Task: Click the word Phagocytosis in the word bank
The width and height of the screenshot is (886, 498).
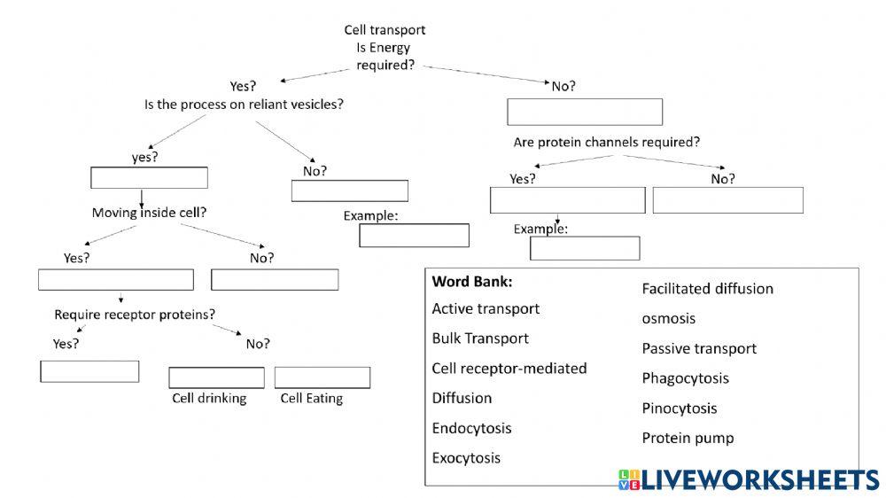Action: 685,378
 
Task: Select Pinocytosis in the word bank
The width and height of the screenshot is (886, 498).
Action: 679,409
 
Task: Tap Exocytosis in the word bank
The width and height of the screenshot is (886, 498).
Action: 466,458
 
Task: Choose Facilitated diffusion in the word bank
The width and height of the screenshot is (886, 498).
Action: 707,289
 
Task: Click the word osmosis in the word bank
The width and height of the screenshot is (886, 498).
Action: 668,318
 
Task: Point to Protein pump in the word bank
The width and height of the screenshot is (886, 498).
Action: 688,438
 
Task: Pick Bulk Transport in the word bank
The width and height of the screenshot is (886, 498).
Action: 480,338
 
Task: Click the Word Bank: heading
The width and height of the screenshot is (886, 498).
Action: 472,282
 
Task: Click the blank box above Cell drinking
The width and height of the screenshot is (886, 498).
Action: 216,377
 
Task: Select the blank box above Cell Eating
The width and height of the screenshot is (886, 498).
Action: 323,377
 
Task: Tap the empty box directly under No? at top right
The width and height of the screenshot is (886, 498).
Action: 585,113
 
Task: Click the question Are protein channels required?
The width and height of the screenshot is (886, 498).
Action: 606,142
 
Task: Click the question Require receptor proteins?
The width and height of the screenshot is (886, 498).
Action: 135,315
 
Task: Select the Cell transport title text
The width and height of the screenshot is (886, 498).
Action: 385,30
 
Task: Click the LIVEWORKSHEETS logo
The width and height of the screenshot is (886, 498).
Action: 749,479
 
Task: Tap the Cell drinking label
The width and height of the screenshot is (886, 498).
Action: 209,399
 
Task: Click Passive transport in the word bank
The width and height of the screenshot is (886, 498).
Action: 699,348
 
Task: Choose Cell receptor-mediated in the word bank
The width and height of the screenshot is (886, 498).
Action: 509,368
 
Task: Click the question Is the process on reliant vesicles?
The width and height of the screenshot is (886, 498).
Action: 244,104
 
